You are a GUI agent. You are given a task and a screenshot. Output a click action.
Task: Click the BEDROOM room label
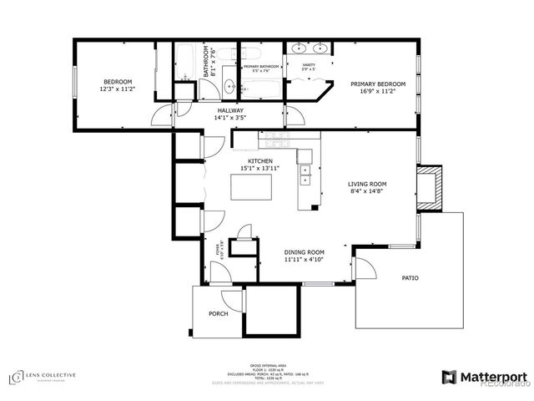tap(117, 82)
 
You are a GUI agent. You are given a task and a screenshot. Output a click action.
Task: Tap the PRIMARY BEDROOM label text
tap(377, 84)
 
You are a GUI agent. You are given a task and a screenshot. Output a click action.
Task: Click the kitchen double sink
tap(305, 175)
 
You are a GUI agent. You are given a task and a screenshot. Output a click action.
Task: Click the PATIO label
tap(410, 278)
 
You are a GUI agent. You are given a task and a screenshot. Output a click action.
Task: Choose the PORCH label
tap(219, 314)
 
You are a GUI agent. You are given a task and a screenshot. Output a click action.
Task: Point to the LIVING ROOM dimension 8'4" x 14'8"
tap(368, 191)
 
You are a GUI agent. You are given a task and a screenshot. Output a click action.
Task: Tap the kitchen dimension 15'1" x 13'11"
tap(259, 168)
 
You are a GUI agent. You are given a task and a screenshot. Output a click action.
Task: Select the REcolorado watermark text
tap(505, 384)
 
